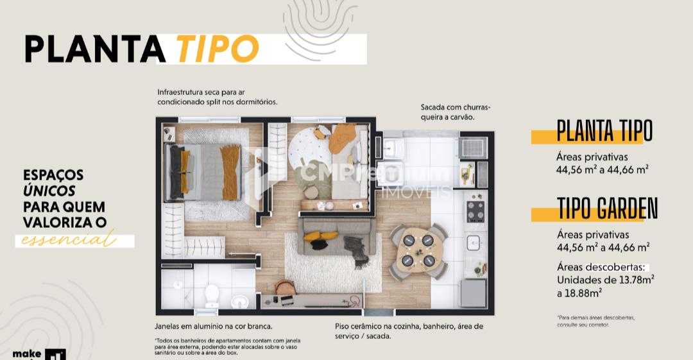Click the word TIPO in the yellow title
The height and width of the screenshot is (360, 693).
tap(218, 48)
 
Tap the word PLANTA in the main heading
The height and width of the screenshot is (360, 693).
tap(95, 49)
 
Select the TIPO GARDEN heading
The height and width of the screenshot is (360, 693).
tap(607, 209)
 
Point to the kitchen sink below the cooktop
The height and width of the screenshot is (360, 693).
tap(474, 242)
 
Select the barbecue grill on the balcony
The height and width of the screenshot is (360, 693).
tap(474, 148)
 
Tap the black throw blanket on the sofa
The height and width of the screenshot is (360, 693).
tap(357, 246)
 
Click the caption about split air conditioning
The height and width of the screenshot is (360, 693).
tap(217, 97)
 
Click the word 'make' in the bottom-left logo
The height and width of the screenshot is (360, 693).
tap(27, 354)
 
